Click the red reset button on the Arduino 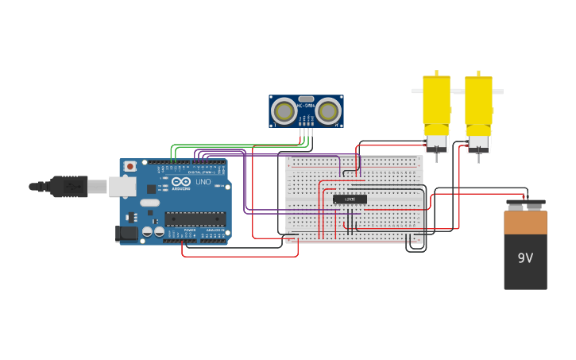coord(129,166)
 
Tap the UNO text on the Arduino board coord(203,182)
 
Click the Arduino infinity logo coord(180,181)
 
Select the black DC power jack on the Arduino coord(126,233)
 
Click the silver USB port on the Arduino coord(122,187)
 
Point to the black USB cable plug coord(68,186)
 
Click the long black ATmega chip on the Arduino coord(194,219)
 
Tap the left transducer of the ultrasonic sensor coord(284,112)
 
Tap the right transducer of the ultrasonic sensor coord(327,112)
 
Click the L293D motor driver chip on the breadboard coord(350,199)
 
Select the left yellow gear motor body coord(436,100)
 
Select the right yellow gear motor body coord(478,100)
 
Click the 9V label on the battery coord(525,258)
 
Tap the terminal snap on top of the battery coord(525,203)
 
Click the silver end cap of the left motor coord(436,143)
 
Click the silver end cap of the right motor coord(478,143)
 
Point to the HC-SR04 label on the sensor coord(305,105)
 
